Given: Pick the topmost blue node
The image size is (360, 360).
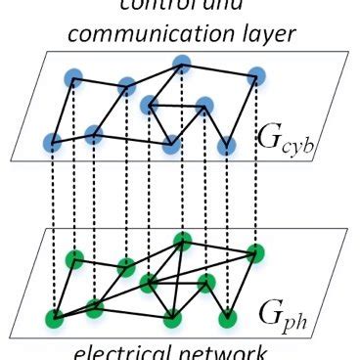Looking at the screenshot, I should tap(181, 65).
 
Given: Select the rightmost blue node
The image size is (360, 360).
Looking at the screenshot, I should tap(256, 74).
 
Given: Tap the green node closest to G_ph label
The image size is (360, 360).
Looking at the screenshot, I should tap(227, 317).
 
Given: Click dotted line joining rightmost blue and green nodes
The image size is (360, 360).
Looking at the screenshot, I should tap(256, 166).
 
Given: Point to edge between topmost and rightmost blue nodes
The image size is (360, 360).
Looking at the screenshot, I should tap(219, 69).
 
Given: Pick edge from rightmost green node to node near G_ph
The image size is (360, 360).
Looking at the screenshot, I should tap(242, 284).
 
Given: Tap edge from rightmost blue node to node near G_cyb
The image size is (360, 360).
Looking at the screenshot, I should tap(242, 110).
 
